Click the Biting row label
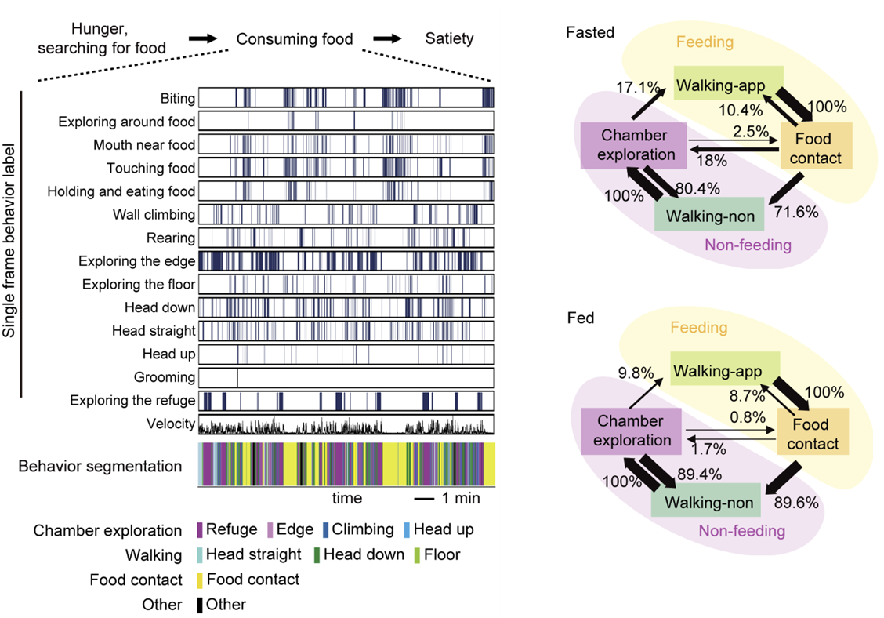pos(176,99)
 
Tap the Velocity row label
pos(170,424)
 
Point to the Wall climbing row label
pos(154,214)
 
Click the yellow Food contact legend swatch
pos(201,580)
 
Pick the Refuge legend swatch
pos(201,530)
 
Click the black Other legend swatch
pos(201,605)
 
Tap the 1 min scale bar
pos(424,499)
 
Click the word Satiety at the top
pos(449,39)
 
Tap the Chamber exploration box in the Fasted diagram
pos(634,145)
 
